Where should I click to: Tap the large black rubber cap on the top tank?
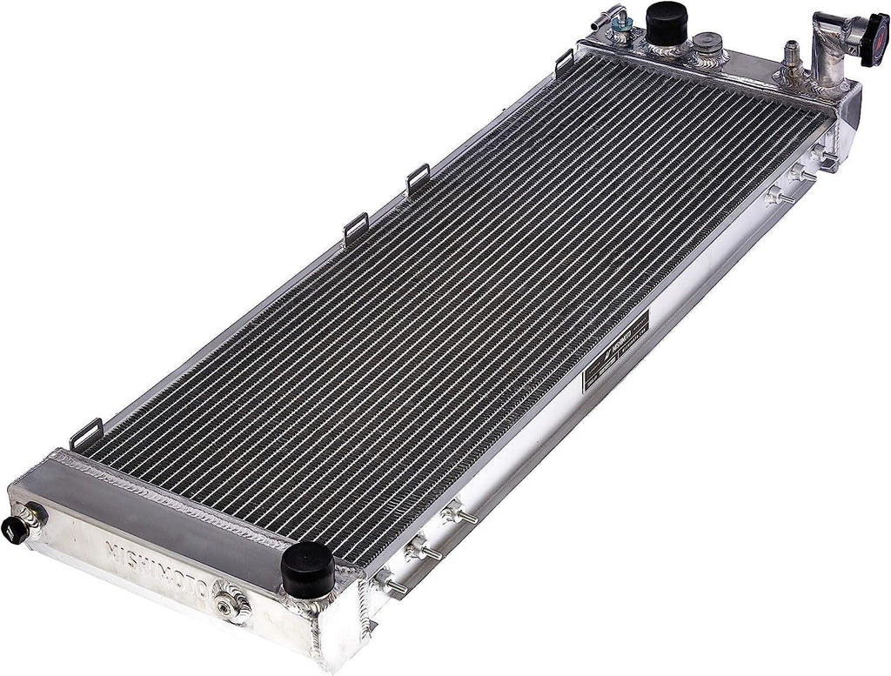667,22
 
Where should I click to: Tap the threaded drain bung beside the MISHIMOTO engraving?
231,601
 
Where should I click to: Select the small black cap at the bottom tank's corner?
16,528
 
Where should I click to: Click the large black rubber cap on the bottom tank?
307,569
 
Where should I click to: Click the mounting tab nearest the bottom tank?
87,432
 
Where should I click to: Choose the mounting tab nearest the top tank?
564,61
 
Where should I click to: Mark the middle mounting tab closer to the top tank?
418,177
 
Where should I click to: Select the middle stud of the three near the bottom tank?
422,550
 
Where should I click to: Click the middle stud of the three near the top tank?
801,174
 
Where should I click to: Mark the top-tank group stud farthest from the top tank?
777,196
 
